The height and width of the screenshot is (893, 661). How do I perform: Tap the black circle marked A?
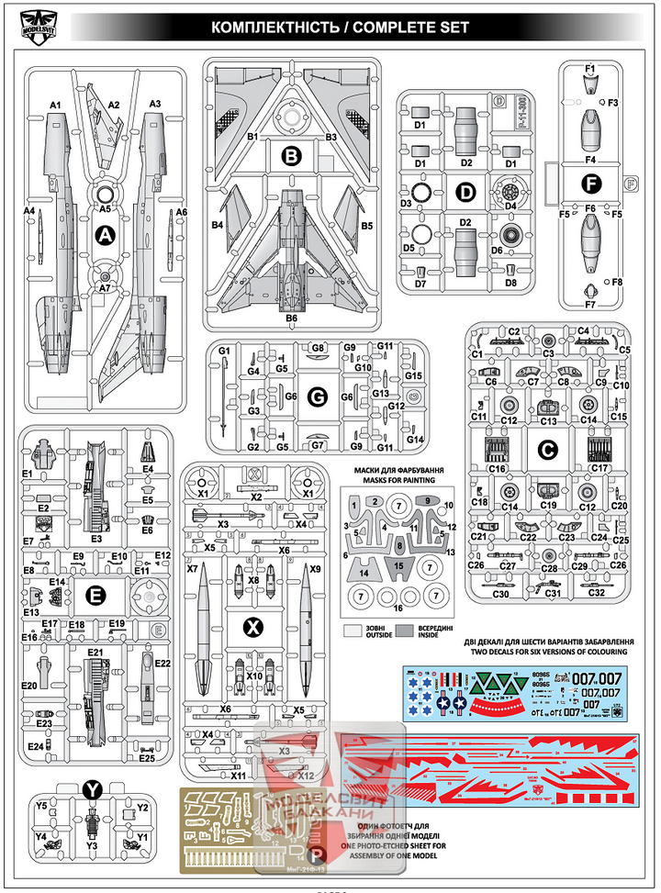point(106,237)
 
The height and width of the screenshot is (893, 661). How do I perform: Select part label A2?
point(115,106)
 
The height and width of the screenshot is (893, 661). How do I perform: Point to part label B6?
point(292,318)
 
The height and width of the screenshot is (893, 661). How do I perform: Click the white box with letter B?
point(291,158)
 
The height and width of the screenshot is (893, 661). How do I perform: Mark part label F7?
point(591,303)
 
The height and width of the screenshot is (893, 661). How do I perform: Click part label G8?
point(319,349)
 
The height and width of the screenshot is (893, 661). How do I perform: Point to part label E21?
point(94,652)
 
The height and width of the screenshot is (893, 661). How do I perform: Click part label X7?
point(193,569)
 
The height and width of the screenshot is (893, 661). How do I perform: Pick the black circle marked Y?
point(92,789)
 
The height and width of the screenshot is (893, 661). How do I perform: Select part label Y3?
point(92,845)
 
